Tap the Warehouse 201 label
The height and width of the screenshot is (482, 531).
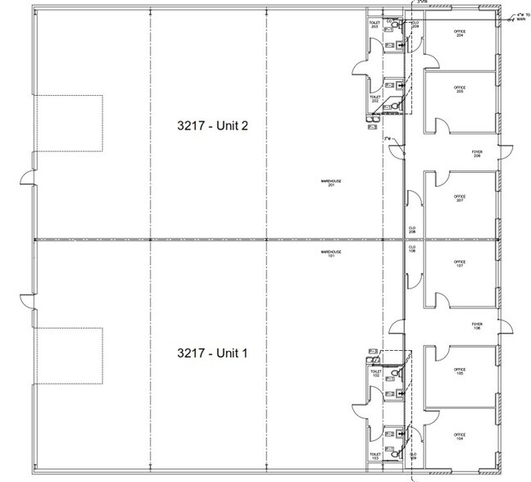331,183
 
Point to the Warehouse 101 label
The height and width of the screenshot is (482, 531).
331,255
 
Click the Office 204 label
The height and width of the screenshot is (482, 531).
460,34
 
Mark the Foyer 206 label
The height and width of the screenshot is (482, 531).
477,153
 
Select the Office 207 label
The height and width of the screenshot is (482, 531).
460,198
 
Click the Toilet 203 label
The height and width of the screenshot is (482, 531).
375,25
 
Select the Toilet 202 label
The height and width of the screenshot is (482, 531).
375,98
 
